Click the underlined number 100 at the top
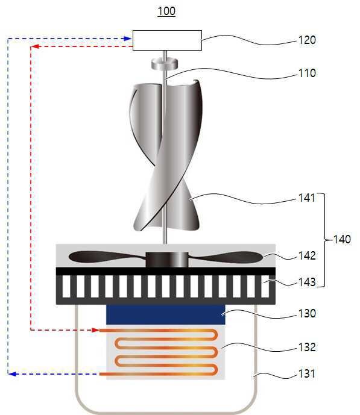coord(166,11)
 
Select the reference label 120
coord(307,40)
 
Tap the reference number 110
coord(307,73)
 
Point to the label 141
coord(307,198)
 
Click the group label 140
coord(342,239)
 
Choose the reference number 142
coord(307,255)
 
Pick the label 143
coord(307,282)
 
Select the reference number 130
coord(307,313)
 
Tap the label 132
coord(307,347)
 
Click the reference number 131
coord(307,373)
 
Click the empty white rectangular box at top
coord(167,40)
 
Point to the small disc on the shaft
coord(164,64)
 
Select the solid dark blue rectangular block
coord(166,314)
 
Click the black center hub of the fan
coord(167,260)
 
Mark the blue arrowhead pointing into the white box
coord(128,39)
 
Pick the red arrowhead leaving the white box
coord(35,46)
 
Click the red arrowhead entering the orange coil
coord(96,330)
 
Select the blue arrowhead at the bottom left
coord(12,374)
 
